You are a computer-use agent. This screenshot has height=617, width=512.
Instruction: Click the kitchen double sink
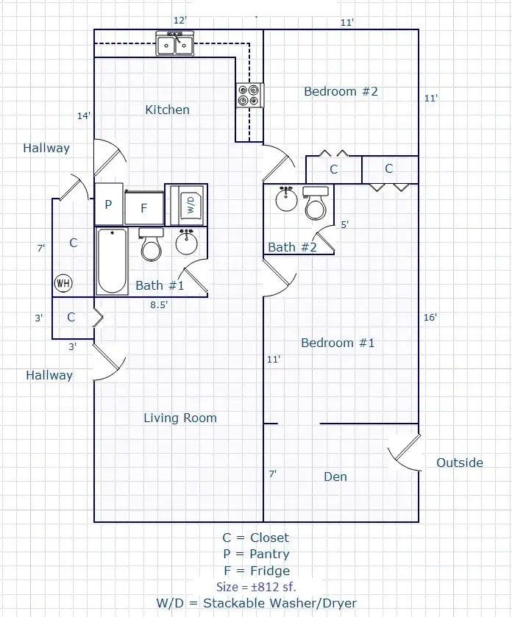(175, 43)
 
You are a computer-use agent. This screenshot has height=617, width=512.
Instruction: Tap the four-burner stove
(250, 95)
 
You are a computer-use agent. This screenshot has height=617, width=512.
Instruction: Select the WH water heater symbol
(63, 283)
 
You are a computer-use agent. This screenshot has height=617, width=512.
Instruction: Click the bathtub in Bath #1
(112, 261)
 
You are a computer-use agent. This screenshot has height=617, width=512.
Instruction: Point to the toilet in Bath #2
(316, 204)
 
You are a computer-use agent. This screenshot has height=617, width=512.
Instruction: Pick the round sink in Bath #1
(187, 242)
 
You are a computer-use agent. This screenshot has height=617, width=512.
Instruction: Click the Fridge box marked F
(144, 207)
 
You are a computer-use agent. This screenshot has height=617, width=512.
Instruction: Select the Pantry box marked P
(109, 204)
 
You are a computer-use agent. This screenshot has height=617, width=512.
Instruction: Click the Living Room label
(180, 418)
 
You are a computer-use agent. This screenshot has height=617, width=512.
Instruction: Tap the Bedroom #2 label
(341, 91)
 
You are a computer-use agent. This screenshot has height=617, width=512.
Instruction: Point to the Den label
(335, 477)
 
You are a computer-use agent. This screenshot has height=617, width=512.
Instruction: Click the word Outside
(460, 463)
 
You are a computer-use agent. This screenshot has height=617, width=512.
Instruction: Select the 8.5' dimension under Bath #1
(159, 304)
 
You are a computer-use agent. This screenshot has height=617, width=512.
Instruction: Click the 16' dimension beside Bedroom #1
(430, 317)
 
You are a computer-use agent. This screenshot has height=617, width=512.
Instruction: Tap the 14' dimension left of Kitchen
(84, 115)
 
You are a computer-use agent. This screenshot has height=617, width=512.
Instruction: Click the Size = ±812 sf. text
(256, 587)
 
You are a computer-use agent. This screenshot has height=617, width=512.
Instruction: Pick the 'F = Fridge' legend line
(257, 570)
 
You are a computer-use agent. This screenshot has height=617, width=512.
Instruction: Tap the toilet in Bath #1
(152, 245)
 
